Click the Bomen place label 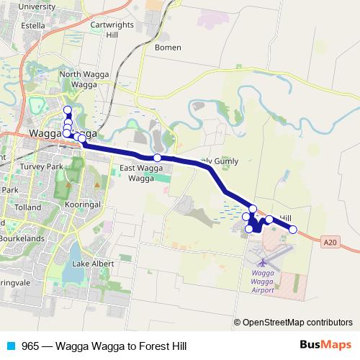click(168, 48)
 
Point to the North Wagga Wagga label click(79, 79)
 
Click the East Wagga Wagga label click(137, 173)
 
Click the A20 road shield click(329, 243)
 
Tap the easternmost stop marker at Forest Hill click(293, 230)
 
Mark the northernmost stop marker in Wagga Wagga click(68, 110)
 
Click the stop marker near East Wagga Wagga click(156, 158)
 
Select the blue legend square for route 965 click(10, 346)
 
